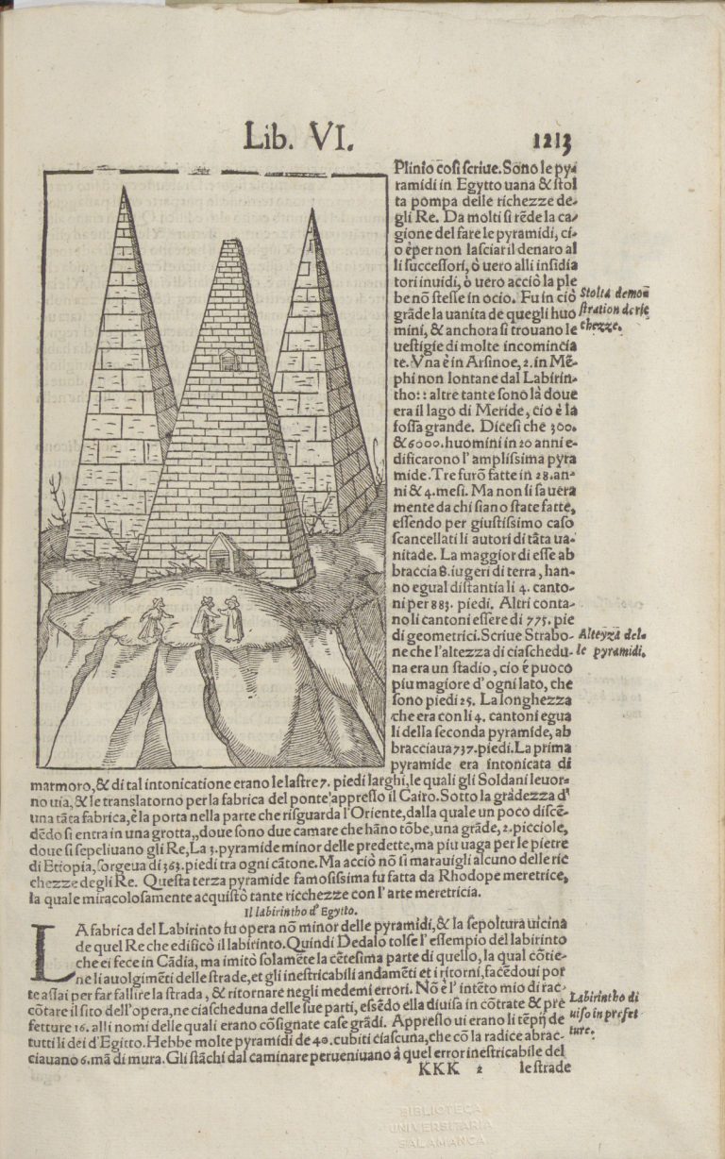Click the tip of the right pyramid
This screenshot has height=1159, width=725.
coord(310,211)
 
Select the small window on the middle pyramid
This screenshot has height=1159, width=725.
coord(228,360)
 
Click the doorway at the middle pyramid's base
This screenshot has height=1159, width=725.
coord(223,552)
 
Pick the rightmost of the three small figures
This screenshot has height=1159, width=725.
coord(232,620)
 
